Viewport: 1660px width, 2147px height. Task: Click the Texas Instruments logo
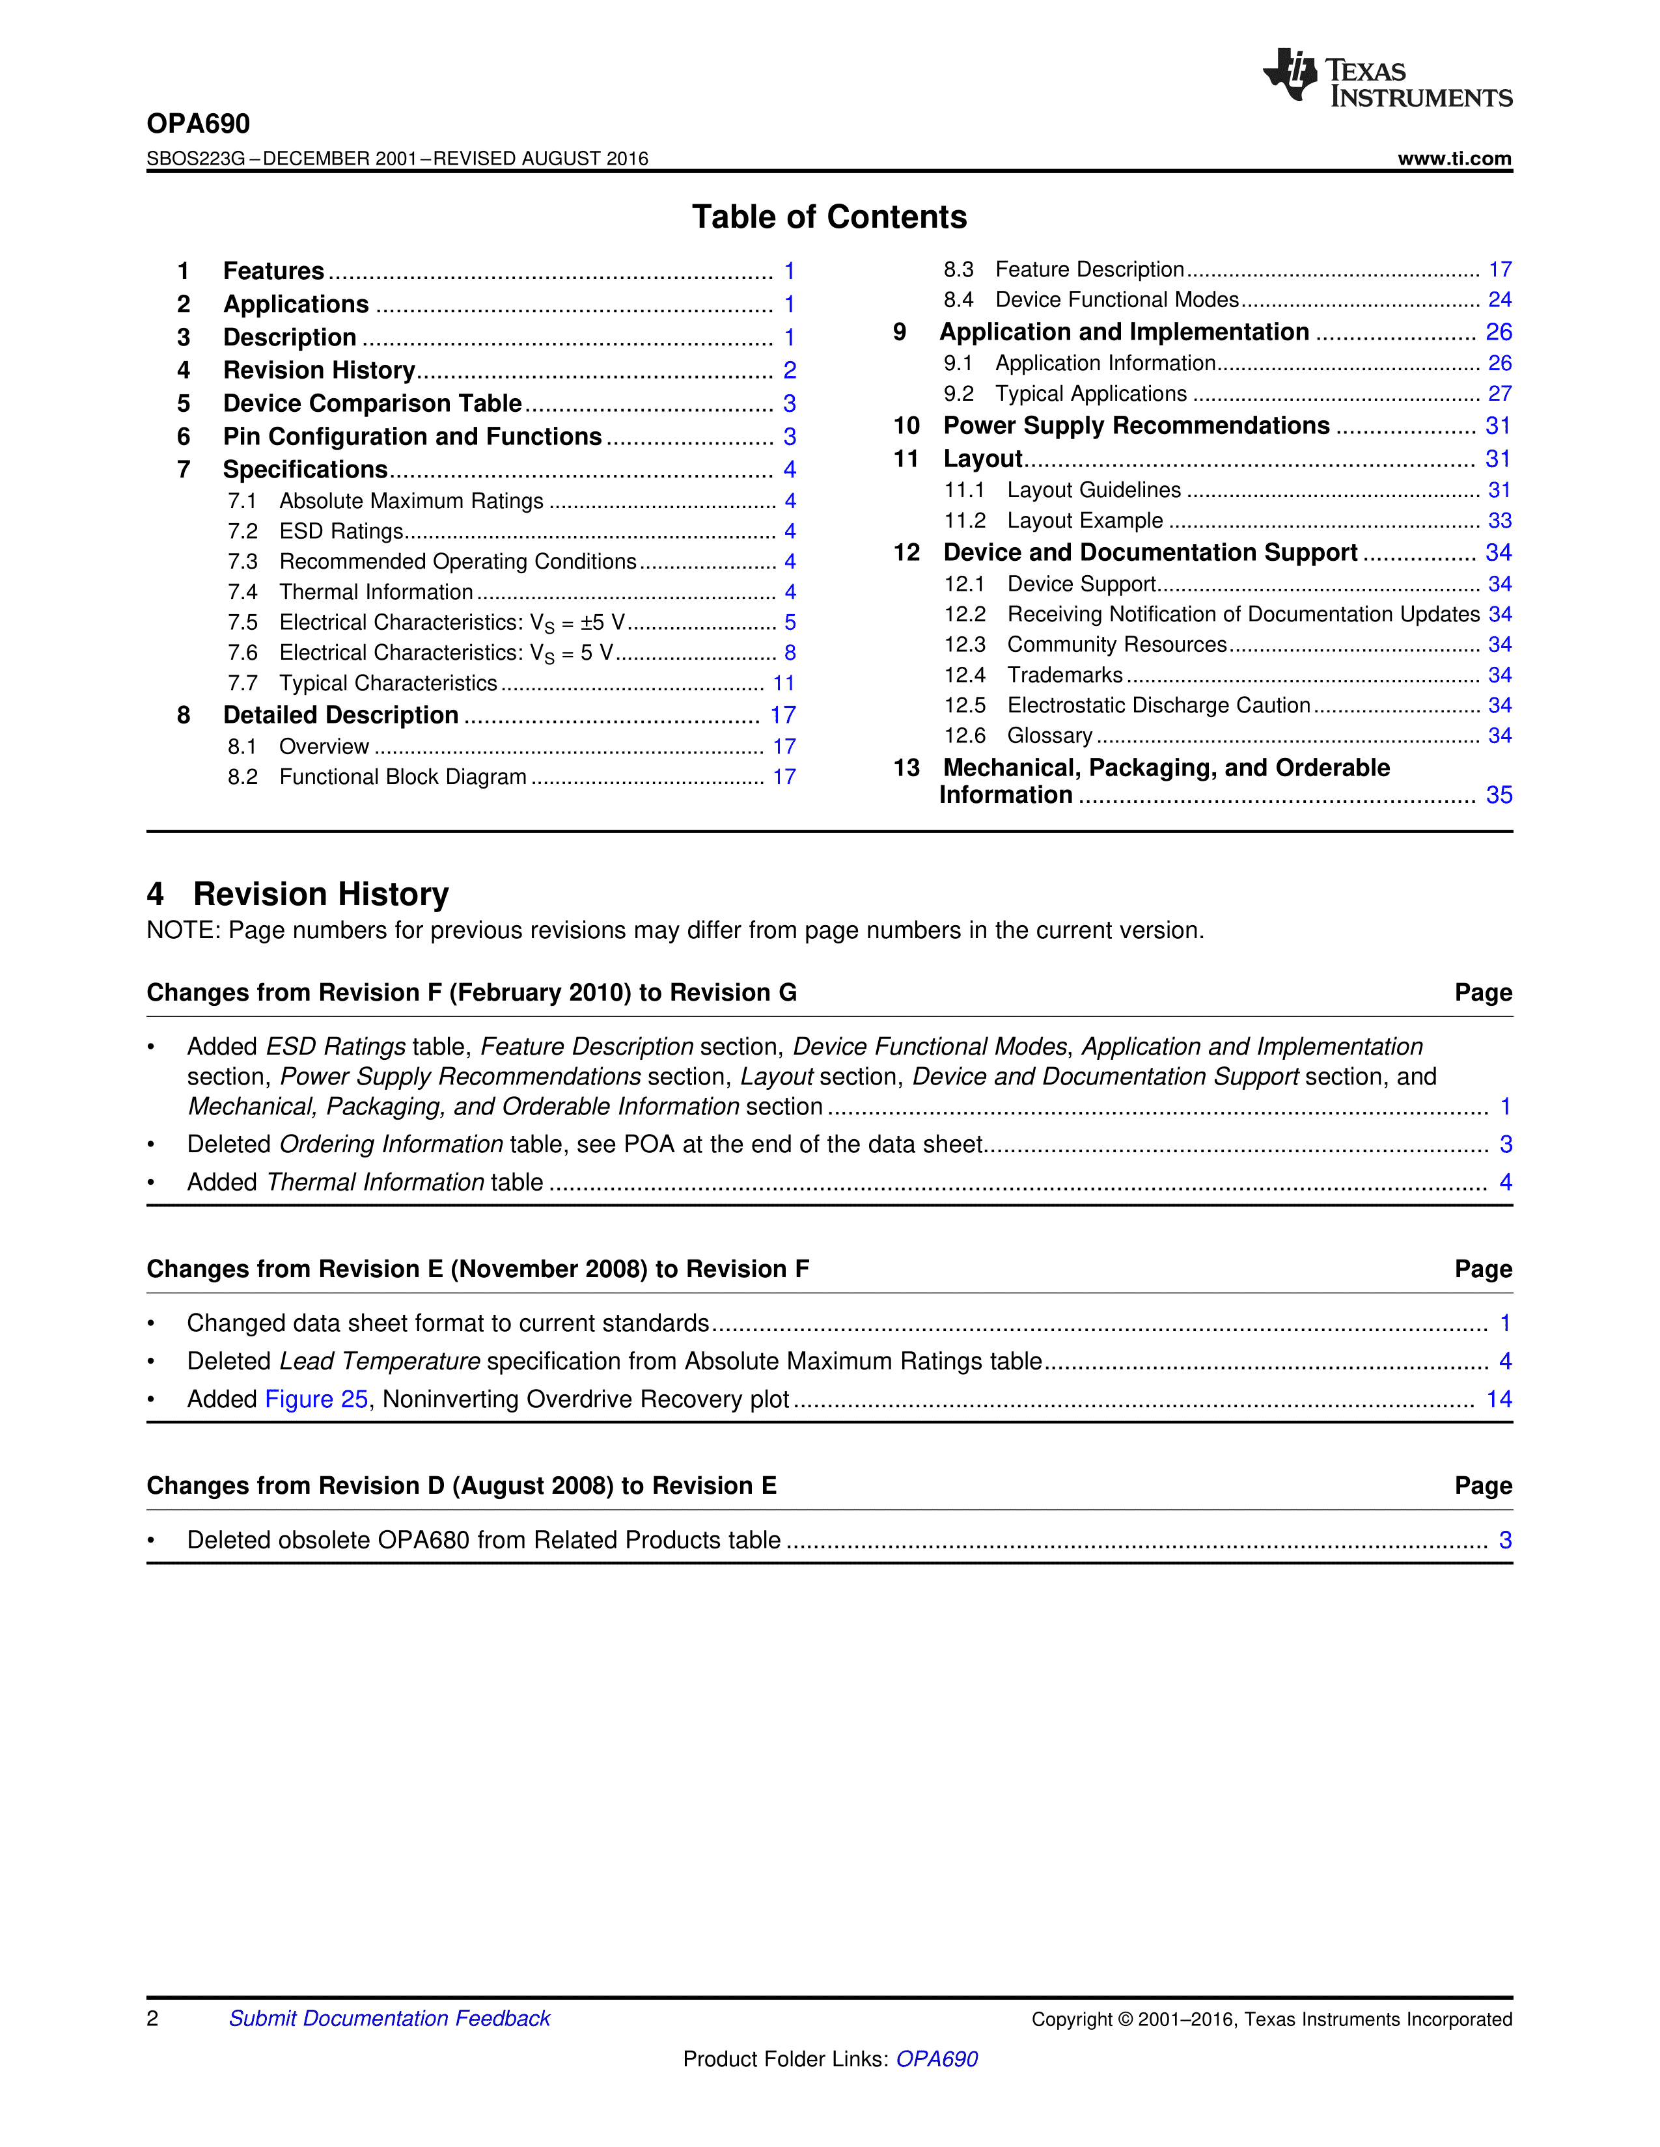tap(1387, 77)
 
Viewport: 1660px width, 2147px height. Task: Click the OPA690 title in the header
tap(199, 124)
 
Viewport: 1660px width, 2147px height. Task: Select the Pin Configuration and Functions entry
tap(412, 437)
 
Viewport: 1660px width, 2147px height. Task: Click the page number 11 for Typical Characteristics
tap(784, 683)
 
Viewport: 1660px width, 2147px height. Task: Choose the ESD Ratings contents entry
tap(341, 532)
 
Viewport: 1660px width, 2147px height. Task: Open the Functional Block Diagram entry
tap(402, 777)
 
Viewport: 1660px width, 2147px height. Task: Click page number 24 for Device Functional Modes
tap(1499, 300)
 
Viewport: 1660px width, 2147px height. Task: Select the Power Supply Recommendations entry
tap(1136, 425)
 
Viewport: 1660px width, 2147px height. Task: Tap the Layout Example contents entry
tap(1085, 521)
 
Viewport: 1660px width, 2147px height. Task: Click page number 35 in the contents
tap(1499, 795)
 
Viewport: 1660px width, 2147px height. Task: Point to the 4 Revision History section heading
tap(298, 893)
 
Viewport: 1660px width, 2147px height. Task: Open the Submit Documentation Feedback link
tap(389, 2018)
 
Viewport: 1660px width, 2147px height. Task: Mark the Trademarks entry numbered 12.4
tap(1064, 675)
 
